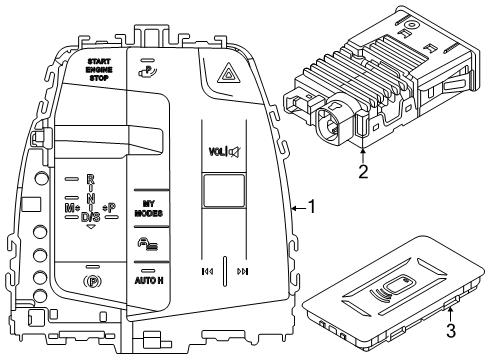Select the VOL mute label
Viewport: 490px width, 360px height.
(223, 153)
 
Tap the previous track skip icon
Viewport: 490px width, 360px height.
(207, 270)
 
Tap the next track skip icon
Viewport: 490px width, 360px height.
(243, 270)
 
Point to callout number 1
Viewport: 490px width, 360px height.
(312, 207)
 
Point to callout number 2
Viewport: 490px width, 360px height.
(364, 171)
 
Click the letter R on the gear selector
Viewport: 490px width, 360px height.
(90, 180)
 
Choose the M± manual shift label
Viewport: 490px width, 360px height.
(72, 207)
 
